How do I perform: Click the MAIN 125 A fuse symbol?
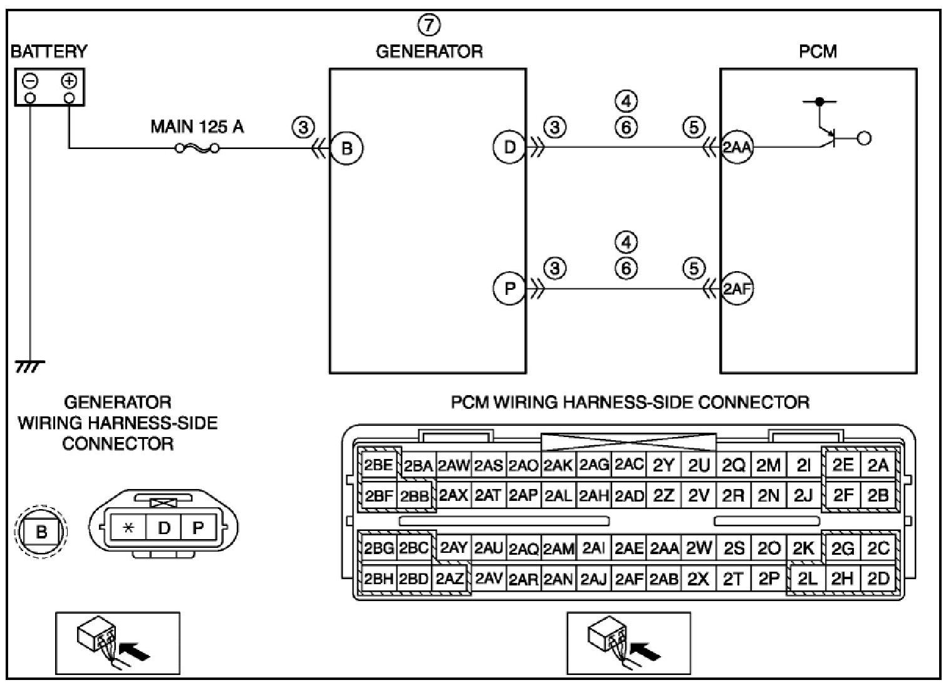[x=197, y=148]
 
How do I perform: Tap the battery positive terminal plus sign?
[x=70, y=81]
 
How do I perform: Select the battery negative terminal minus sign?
[x=31, y=81]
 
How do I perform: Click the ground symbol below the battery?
[x=29, y=366]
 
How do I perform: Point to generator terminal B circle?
[x=346, y=148]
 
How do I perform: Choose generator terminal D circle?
[x=510, y=147]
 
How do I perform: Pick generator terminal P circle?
[x=510, y=289]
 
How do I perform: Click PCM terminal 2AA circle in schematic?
[x=737, y=147]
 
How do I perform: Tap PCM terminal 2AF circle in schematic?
[x=737, y=289]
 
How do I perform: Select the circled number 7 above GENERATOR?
[x=429, y=25]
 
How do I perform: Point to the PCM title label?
[x=818, y=51]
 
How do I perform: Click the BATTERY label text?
[x=49, y=51]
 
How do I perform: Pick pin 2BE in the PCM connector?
[x=378, y=465]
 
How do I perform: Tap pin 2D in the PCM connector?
[x=878, y=579]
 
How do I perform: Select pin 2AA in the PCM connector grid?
[x=664, y=549]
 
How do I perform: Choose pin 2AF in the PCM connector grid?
[x=629, y=579]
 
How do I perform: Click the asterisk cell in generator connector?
[x=128, y=528]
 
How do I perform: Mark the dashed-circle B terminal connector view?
[x=41, y=531]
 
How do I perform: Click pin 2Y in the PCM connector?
[x=664, y=465]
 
